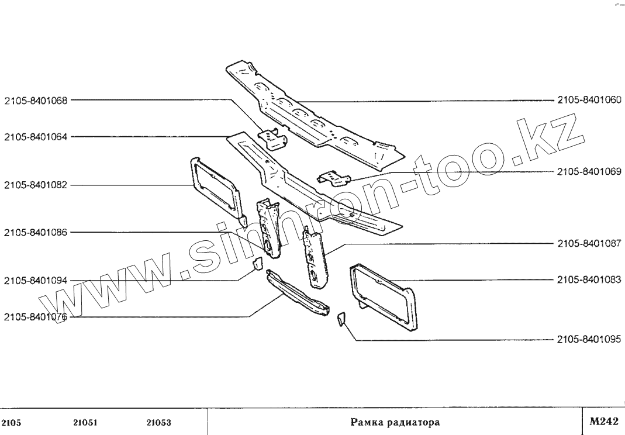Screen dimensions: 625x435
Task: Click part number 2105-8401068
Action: pos(36,100)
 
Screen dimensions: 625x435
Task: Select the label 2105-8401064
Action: pos(36,137)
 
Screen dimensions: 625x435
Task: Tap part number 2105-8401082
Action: pos(36,185)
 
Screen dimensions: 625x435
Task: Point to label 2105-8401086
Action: pos(36,232)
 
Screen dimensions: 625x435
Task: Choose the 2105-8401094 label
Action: pos(36,281)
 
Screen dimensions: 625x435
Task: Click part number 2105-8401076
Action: pos(36,317)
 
